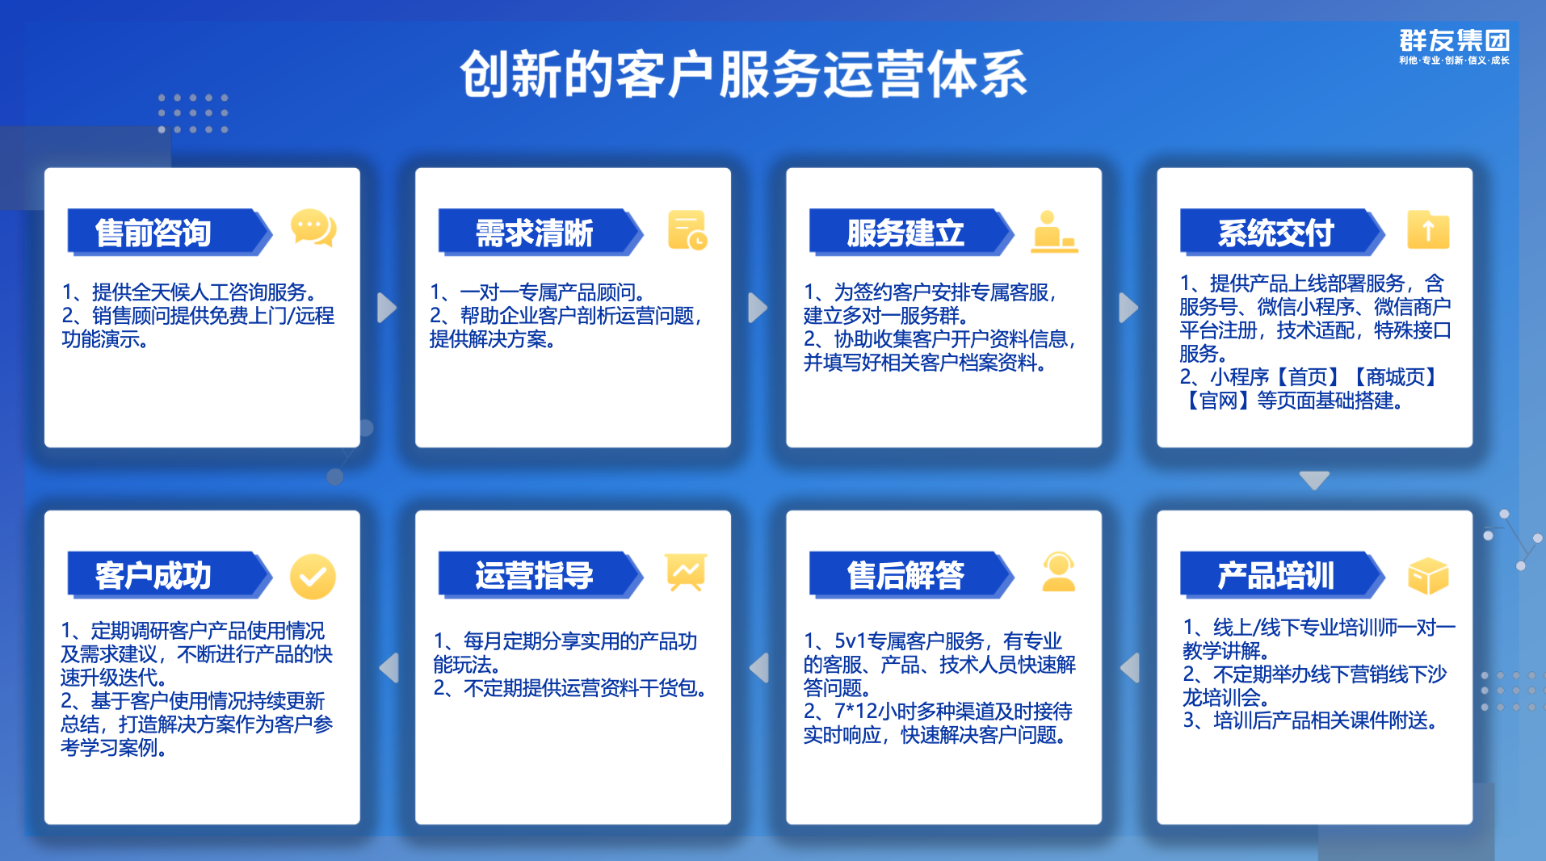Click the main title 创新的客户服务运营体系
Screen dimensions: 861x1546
(743, 74)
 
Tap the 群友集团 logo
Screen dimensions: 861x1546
(1454, 46)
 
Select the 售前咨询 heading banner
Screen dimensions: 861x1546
(166, 233)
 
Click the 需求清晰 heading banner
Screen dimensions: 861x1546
(536, 233)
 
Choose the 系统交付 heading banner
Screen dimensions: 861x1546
(1278, 233)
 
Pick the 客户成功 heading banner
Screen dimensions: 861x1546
(166, 575)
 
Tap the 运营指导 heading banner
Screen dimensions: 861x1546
(536, 575)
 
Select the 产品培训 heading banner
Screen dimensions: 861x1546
(1278, 575)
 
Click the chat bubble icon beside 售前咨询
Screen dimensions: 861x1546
(313, 229)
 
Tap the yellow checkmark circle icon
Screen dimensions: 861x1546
(313, 577)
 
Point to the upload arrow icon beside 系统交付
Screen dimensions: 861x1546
(1428, 230)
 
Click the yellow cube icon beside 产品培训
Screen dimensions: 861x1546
(1428, 576)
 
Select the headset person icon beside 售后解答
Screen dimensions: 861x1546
(1058, 573)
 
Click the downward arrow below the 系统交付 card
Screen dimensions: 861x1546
(1314, 480)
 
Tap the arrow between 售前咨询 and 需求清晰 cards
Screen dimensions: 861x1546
(387, 308)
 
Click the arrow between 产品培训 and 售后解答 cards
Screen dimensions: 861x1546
(1130, 668)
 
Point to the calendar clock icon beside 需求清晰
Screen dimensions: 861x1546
(687, 230)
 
